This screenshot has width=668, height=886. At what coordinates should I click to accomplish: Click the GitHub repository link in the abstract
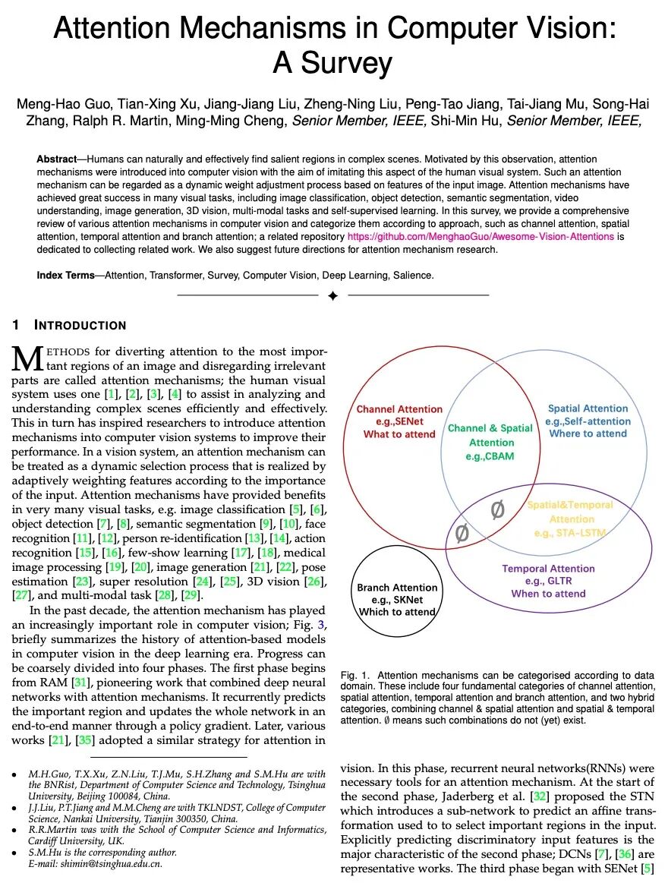pos(481,236)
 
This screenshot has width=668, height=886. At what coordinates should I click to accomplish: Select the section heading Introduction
pos(80,326)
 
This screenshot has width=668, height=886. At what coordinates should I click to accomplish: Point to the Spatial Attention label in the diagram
pos(588,408)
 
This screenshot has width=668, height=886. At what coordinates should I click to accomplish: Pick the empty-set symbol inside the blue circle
pos(497,509)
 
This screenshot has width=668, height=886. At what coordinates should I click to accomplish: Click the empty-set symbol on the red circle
pos(461,534)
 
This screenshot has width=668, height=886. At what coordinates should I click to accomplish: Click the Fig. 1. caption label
pos(356,675)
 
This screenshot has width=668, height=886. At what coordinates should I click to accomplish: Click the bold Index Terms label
pos(66,276)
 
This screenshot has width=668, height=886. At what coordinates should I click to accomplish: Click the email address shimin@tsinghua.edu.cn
pos(115,863)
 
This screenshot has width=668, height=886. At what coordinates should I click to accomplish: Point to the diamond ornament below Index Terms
pos(332,296)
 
